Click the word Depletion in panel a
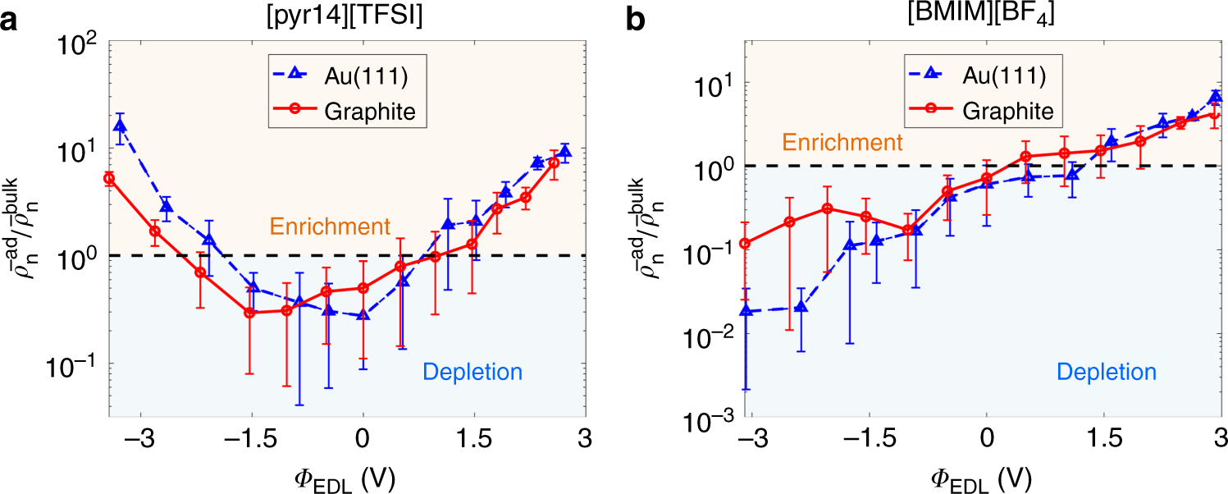coord(472,372)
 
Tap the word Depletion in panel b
coord(1107,372)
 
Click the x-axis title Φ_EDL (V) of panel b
coord(982,475)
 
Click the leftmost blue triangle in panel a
coord(121,126)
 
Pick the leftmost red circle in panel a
coord(108,178)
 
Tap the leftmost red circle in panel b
coord(745,243)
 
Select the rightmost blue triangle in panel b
coord(1216,97)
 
